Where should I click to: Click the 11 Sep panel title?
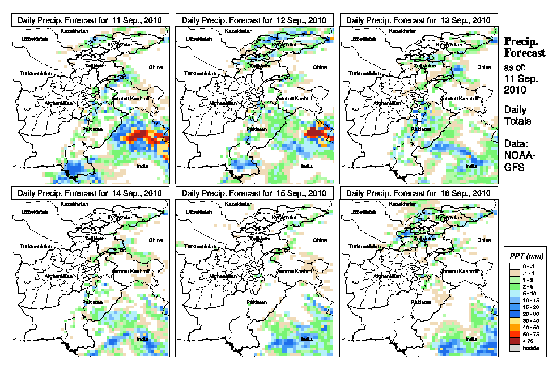coord(90,20)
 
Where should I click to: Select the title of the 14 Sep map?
coord(90,193)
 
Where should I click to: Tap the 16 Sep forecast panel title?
coord(418,193)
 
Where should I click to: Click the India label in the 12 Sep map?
coord(307,166)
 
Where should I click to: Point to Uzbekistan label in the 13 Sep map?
coord(363,39)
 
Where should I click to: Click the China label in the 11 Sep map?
coord(155,67)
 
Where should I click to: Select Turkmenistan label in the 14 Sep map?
coord(36,247)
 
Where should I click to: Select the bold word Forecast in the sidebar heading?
coord(525,53)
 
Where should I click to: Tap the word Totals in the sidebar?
coord(517,121)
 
